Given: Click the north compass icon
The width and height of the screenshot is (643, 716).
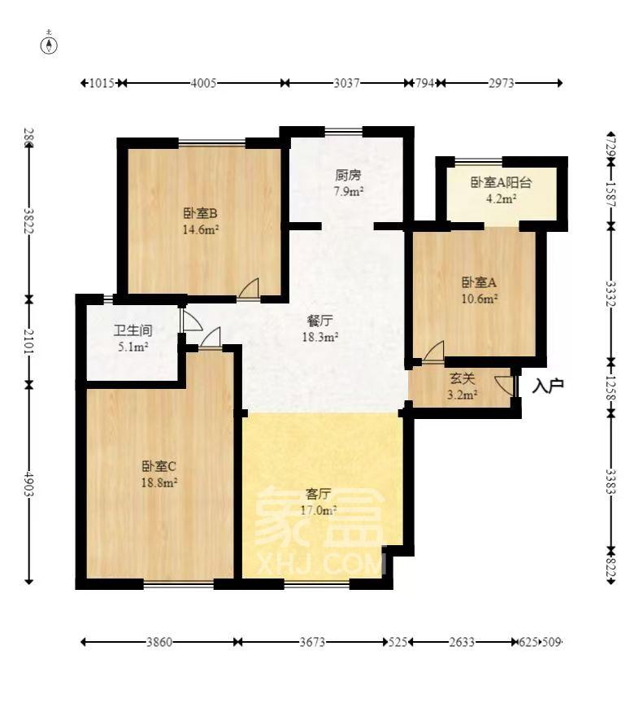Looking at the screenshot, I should pos(50,44).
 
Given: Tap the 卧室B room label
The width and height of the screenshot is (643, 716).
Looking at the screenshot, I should pos(199,214).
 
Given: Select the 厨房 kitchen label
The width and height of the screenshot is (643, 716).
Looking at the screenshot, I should pos(347,175).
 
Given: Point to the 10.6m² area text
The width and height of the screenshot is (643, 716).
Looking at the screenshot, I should pos(480,299).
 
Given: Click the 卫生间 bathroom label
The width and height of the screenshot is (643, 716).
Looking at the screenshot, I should pos(133,332).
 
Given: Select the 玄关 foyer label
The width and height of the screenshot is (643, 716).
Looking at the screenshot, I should pos(463,379).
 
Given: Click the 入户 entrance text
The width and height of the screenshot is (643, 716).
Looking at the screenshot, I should pos(548,386).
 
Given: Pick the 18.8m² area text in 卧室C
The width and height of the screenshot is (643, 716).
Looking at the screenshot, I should pos(159,482).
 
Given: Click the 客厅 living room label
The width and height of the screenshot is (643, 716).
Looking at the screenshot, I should pos(318,494).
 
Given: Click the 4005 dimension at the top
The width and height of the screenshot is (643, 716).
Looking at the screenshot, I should pos(202,83).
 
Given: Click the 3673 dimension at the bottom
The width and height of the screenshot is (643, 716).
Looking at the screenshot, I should pos(311,642).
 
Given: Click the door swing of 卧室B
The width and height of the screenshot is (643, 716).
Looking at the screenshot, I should pos(250,290).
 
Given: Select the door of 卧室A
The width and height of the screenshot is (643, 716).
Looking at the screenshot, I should pos(433,351).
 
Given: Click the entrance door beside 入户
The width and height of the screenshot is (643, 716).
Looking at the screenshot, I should pos(509,383).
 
